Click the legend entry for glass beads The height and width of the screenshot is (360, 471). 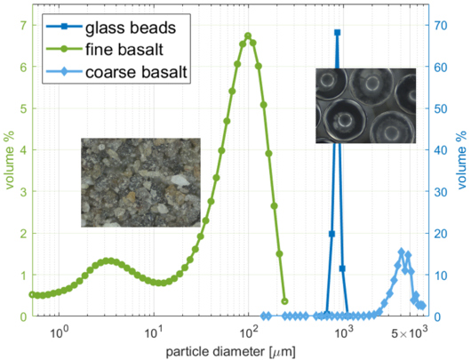pos(111,28)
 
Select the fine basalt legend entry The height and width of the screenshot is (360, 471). pos(105,49)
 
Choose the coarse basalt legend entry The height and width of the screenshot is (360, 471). pos(116,72)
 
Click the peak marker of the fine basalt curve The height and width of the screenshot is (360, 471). pos(248,36)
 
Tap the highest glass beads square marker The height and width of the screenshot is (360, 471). pos(337,33)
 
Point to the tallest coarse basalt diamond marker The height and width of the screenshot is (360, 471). pos(402,252)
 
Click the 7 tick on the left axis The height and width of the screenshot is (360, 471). pos(23,25)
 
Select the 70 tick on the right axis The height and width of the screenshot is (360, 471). pos(440,25)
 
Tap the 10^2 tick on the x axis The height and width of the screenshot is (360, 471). pos(249,332)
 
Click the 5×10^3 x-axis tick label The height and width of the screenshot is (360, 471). pos(409,332)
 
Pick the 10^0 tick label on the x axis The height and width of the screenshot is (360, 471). pos(60,332)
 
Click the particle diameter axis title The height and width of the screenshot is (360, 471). pos(230,352)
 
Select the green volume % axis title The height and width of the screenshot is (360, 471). pos(10,160)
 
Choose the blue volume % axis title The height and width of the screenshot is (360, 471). pos(462,160)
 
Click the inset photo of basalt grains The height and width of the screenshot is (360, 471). pos(140,182)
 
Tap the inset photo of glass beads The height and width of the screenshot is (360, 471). pos(366,106)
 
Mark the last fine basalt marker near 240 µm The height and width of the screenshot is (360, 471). pos(284,301)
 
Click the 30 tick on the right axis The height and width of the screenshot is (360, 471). pos(440,192)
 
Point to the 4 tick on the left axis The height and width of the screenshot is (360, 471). pos(23,150)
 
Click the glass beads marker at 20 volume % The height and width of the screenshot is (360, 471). pos(331,234)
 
